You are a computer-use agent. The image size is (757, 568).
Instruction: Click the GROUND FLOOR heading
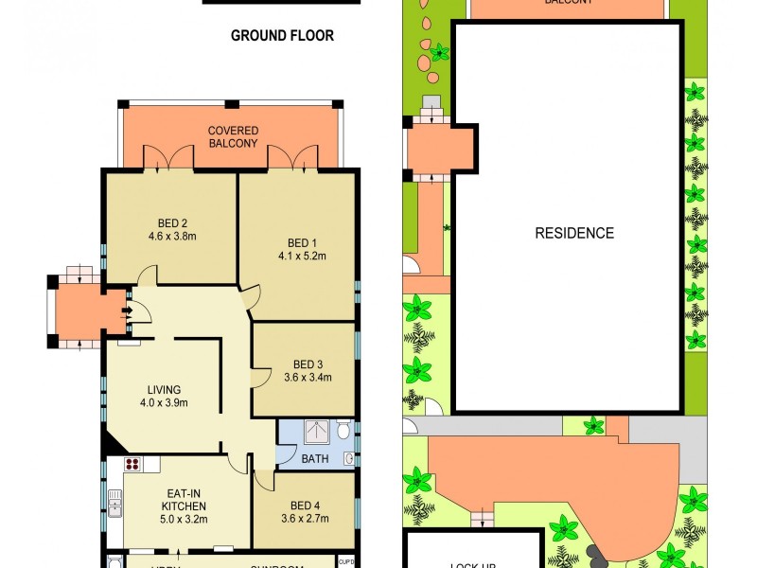click(x=282, y=36)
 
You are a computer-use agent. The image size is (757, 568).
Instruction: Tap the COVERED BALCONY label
click(x=233, y=136)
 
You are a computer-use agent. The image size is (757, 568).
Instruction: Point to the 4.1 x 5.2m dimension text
click(x=302, y=255)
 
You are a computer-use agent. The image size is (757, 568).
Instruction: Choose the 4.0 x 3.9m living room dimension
click(x=163, y=402)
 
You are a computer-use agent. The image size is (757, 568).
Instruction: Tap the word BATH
click(x=314, y=458)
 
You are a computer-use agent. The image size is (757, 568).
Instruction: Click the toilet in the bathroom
click(x=343, y=432)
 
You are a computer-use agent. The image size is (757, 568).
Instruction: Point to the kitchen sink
click(x=114, y=501)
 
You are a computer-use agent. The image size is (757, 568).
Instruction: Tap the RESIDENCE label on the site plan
click(x=574, y=233)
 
